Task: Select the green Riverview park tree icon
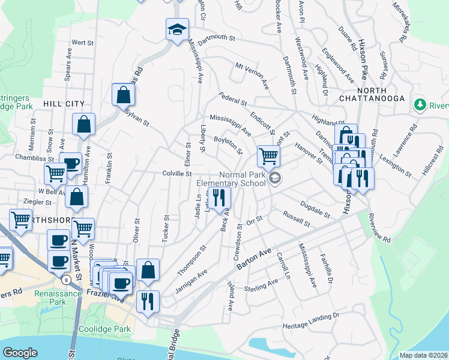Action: (420, 105)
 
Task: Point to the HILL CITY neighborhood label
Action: (64, 104)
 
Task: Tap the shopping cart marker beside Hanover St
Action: (268, 157)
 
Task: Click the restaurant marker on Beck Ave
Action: (219, 196)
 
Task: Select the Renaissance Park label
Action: (65, 298)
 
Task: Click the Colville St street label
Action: (176, 174)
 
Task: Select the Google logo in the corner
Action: (20, 353)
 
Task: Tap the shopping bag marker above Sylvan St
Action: (123, 95)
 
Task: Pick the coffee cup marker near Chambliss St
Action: (71, 164)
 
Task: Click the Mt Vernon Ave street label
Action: (252, 75)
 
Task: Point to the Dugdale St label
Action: (316, 209)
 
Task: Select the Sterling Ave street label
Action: (261, 286)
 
